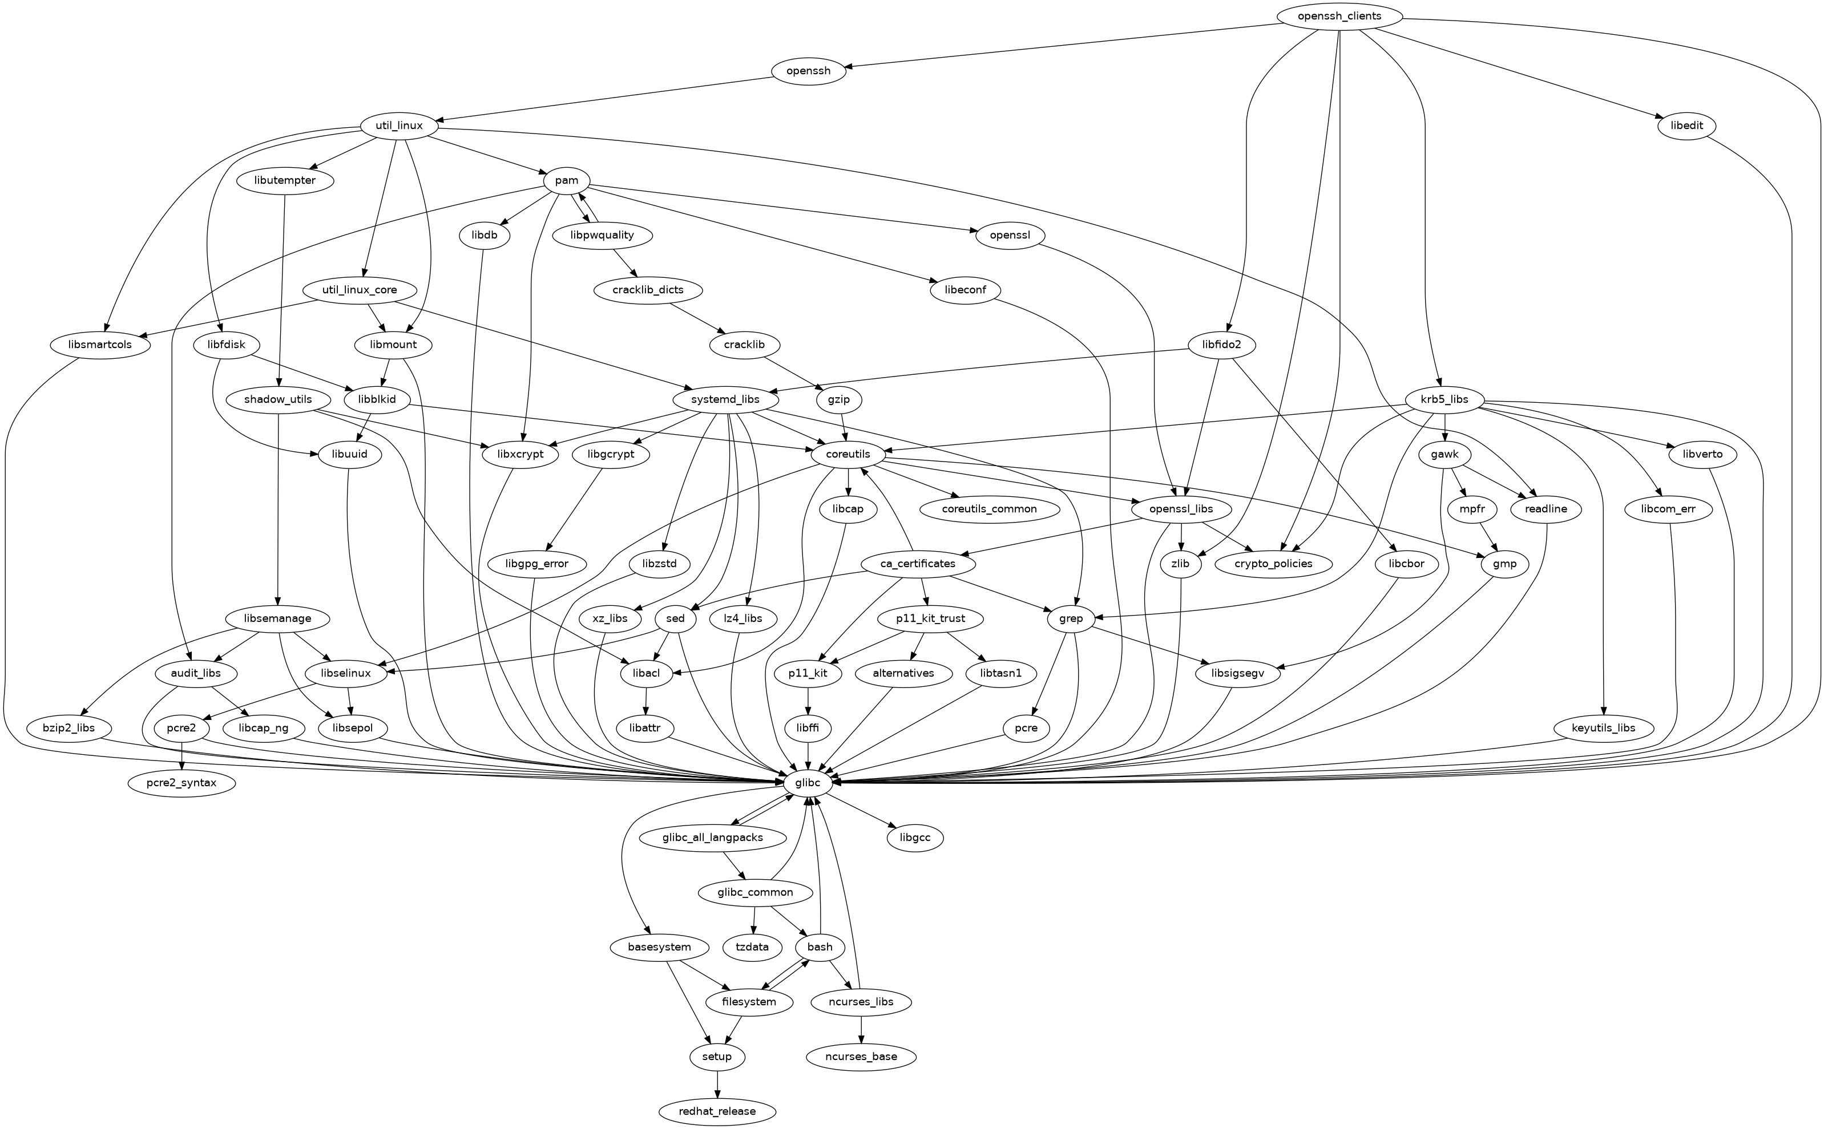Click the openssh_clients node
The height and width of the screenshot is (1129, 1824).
click(1340, 15)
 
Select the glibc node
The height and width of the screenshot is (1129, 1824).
click(808, 783)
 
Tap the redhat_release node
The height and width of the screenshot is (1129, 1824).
click(717, 1111)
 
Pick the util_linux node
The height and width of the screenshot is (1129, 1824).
click(399, 126)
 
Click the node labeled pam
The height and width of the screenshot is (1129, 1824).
click(567, 181)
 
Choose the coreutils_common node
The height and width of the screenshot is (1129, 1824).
click(990, 509)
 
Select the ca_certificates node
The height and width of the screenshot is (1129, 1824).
click(918, 564)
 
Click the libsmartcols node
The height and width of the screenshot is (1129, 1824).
click(101, 345)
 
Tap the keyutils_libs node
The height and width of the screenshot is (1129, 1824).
click(1604, 728)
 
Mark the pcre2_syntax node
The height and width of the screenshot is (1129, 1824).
click(181, 783)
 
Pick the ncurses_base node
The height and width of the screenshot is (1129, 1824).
click(862, 1057)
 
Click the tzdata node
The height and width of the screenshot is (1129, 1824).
click(752, 947)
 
